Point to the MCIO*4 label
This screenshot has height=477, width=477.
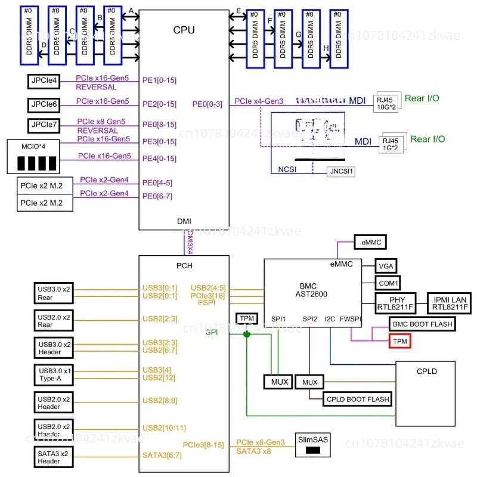pyautogui.click(x=35, y=145)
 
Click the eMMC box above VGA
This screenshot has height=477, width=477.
pyautogui.click(x=370, y=242)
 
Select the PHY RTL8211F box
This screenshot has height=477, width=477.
pyautogui.click(x=397, y=303)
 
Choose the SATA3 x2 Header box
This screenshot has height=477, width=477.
pyautogui.click(x=53, y=457)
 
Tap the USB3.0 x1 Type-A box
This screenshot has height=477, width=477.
pyautogui.click(x=53, y=375)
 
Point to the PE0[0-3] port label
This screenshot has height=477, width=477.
pyautogui.click(x=207, y=104)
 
